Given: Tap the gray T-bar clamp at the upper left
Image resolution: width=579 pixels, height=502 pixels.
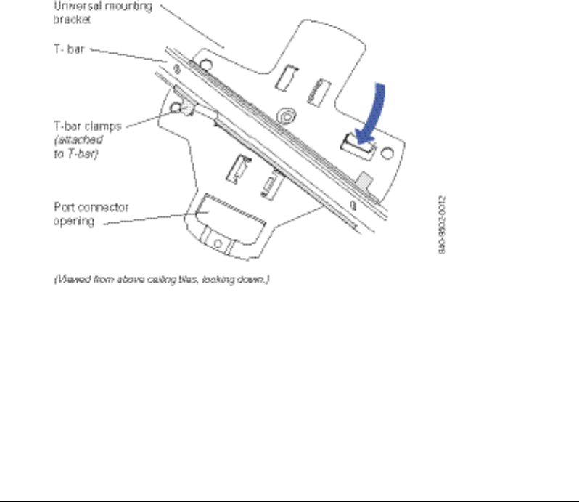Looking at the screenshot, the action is pyautogui.click(x=186, y=109).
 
